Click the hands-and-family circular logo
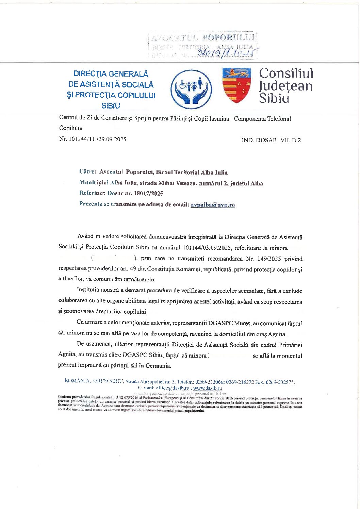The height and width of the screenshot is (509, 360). [x=191, y=87]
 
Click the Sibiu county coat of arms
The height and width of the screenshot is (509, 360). [x=236, y=85]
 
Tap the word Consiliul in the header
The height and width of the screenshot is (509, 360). [x=286, y=73]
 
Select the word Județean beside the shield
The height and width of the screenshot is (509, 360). [x=286, y=86]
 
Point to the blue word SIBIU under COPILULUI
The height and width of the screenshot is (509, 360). [x=111, y=106]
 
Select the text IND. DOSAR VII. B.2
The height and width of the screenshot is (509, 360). [x=271, y=140]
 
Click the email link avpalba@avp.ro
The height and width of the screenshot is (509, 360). [x=213, y=204]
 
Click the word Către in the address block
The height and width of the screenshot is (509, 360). [x=87, y=172]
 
